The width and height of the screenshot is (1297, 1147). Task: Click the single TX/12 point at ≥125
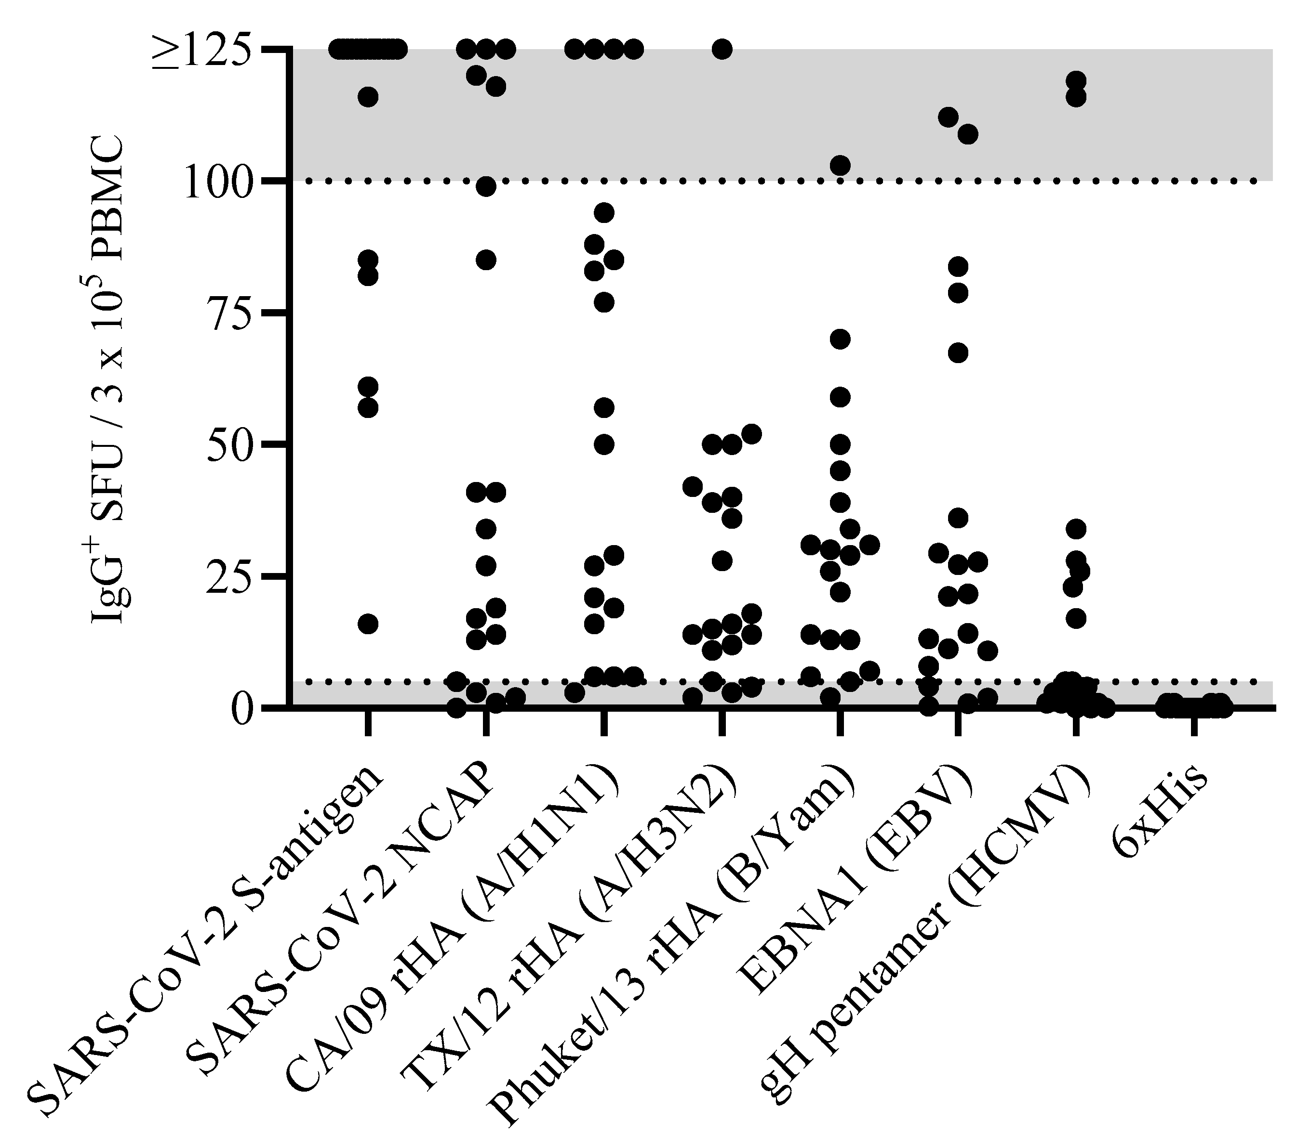pos(722,49)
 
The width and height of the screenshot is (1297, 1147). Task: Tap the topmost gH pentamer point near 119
pos(1076,80)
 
